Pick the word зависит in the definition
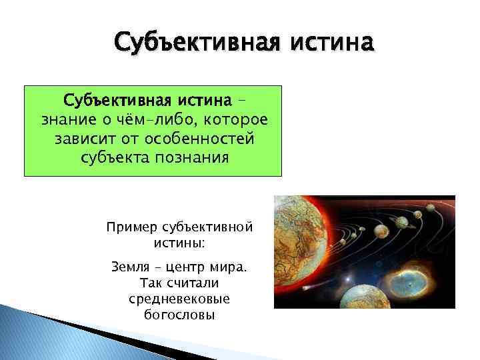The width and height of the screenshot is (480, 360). coord(77,140)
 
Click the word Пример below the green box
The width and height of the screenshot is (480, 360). coord(131,228)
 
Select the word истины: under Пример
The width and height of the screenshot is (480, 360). coord(179,243)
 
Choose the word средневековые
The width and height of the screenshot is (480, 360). coord(179,298)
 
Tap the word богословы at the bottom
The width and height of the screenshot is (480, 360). coord(179,314)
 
